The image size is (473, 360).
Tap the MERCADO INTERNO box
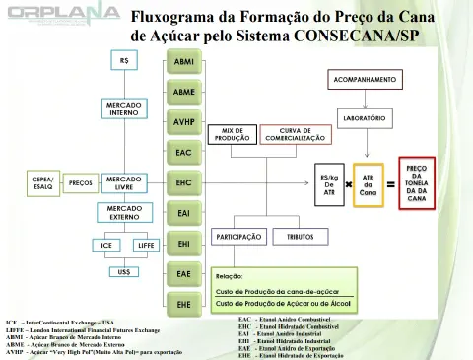coord(123,109)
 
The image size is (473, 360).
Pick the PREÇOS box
coord(81,182)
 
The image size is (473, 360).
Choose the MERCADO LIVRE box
coord(123,182)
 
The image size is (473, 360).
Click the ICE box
coord(105,244)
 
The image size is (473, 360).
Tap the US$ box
coord(123,270)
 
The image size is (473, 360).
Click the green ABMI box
coord(183,61)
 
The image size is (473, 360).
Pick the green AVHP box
coord(183,122)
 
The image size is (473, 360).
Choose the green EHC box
coord(183,183)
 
